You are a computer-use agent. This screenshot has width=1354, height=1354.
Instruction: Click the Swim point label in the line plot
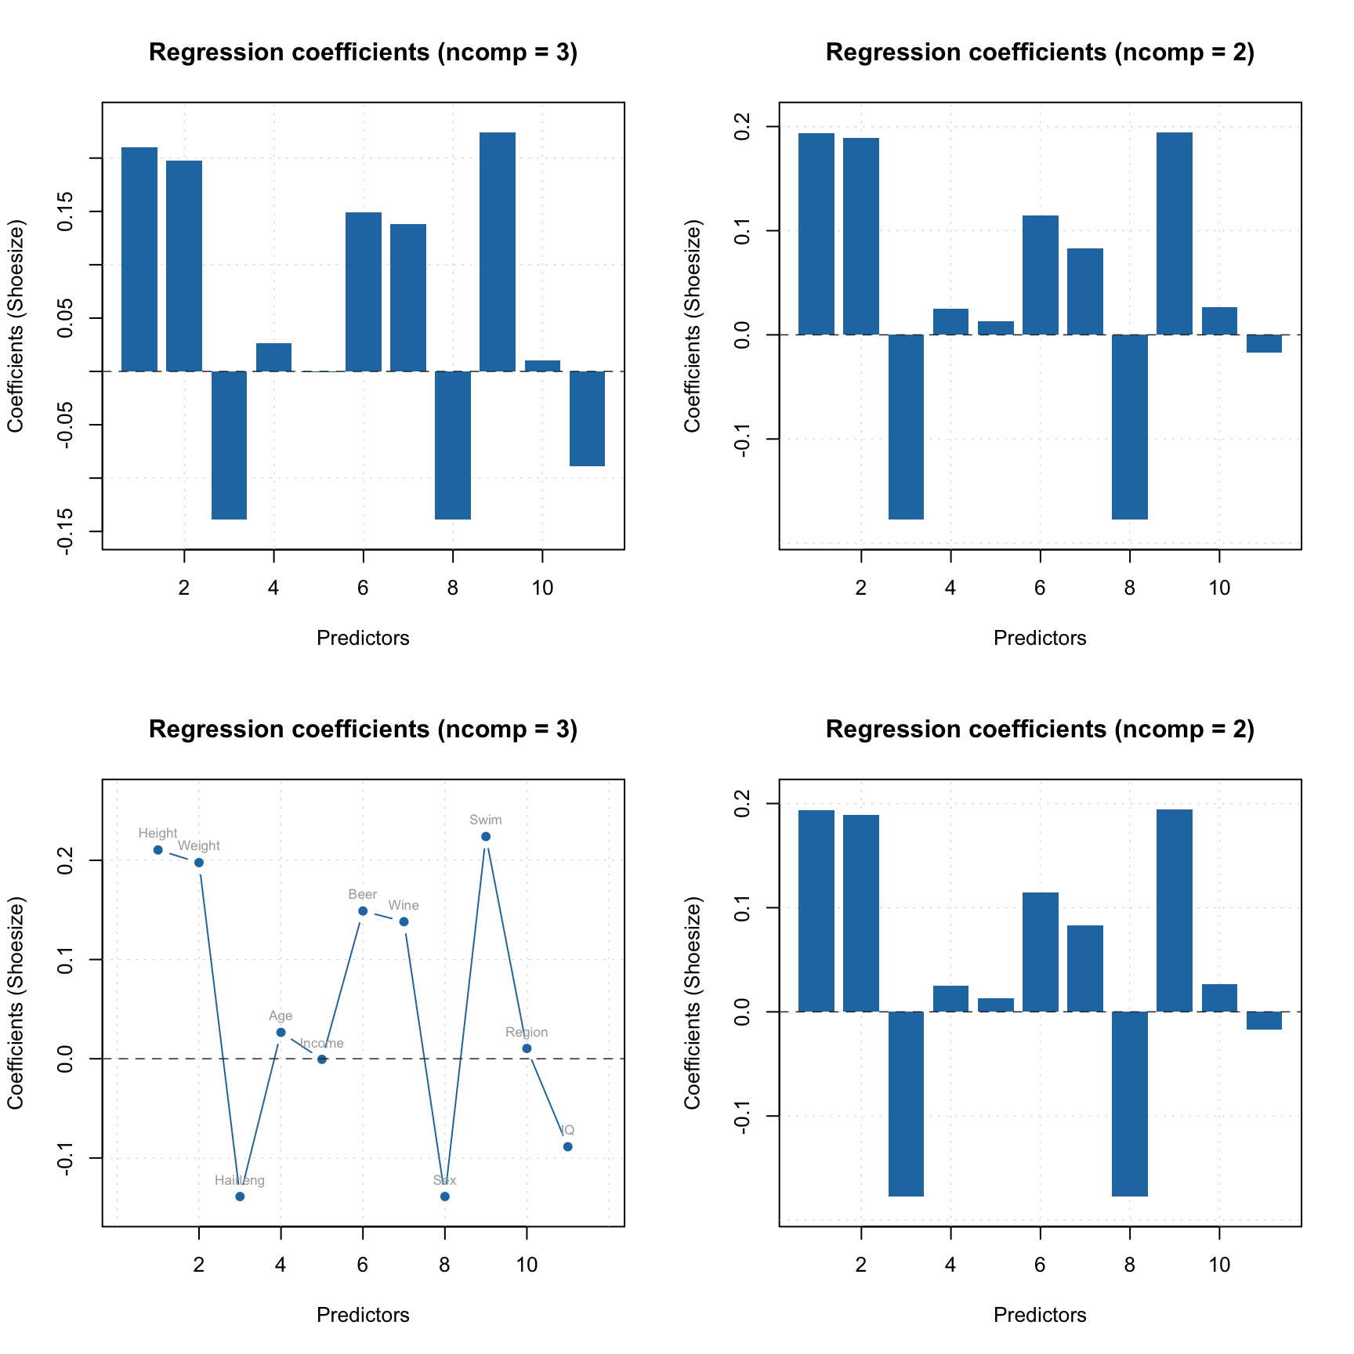point(485,820)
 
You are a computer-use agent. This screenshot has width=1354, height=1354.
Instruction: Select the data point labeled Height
point(157,849)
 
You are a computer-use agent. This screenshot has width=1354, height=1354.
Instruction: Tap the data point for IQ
point(567,1146)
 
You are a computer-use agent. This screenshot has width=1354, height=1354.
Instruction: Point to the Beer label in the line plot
point(362,894)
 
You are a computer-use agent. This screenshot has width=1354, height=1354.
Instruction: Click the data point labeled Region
point(527,1048)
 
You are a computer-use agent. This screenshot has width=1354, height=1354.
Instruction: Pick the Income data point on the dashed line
point(321,1059)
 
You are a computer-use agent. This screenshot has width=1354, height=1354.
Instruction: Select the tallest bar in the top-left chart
point(497,252)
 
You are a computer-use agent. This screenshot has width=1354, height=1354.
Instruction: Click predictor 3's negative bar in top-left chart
point(229,444)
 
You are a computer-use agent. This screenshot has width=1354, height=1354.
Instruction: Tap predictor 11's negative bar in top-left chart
point(587,418)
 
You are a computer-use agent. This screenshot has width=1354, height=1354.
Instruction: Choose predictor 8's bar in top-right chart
point(1129,426)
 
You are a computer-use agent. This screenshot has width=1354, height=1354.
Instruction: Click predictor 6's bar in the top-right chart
point(1040,275)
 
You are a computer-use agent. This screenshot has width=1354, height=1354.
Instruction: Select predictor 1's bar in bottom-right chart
point(816,911)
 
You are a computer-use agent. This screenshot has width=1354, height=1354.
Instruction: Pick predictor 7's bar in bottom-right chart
point(1084,968)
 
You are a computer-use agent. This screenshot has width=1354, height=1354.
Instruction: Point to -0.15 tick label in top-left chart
point(66,530)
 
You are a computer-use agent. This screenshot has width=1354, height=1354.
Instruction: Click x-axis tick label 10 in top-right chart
point(1218,588)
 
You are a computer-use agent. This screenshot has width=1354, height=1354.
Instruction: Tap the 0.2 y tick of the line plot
point(66,860)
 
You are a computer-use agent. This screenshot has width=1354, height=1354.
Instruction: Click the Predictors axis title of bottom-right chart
point(1039,1314)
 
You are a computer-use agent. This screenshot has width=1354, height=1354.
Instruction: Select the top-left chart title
point(363,52)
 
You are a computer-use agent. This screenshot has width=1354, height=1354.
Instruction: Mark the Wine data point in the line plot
point(404,921)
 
